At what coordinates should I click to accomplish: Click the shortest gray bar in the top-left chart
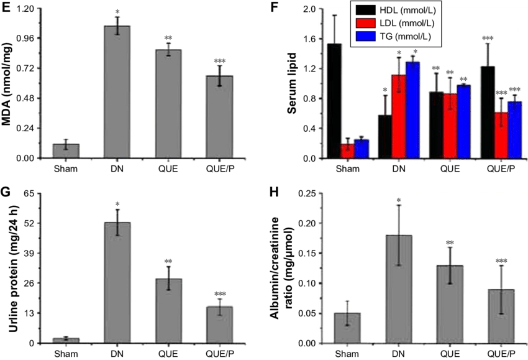66,151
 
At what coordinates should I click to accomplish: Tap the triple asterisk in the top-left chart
219,61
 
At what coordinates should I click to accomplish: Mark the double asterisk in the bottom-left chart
168,262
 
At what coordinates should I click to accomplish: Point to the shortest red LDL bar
347,151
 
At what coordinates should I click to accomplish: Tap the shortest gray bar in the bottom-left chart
66,340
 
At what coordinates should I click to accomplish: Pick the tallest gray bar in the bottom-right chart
399,288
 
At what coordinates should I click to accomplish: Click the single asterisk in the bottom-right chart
399,200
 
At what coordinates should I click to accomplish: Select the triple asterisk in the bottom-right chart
501,261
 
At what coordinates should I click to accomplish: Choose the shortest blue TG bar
361,149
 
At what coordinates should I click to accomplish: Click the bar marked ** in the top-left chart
168,104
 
